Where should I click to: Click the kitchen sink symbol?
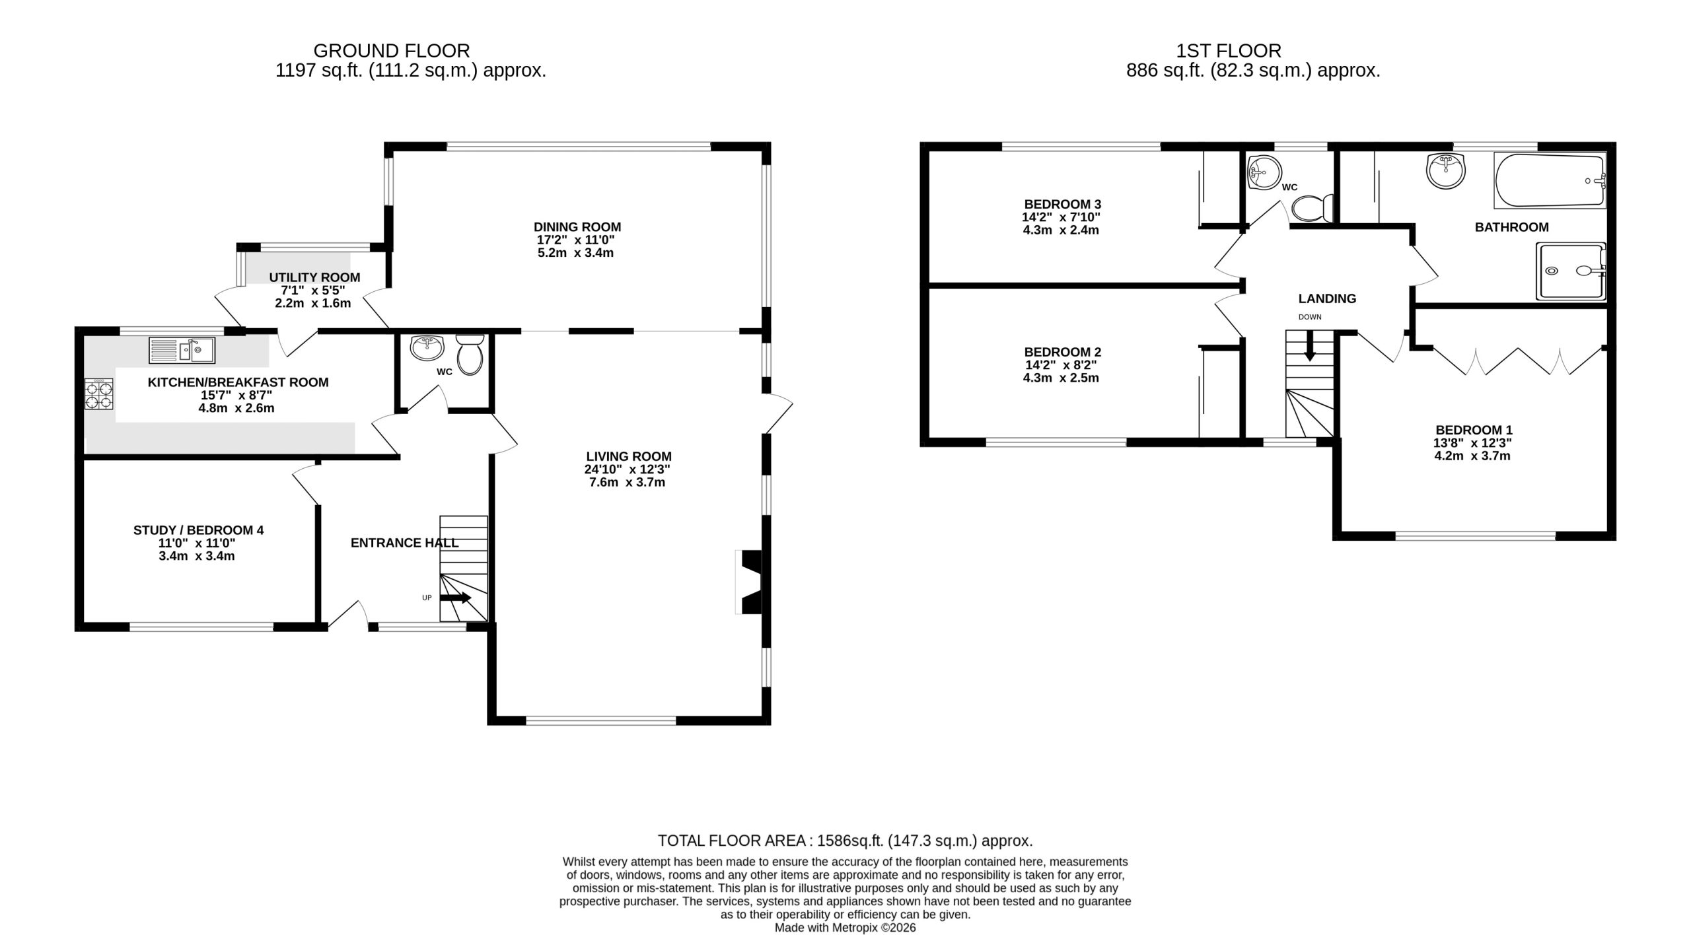tap(182, 350)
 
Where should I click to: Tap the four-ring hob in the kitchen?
tap(98, 394)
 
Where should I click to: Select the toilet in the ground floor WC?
tap(470, 355)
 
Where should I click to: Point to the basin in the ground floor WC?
tap(427, 345)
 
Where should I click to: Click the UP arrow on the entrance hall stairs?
tap(456, 598)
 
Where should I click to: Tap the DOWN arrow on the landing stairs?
tap(1309, 346)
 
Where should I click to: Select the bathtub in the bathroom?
tap(1548, 180)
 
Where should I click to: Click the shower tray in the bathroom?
tap(1571, 271)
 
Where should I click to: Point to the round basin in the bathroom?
tap(1447, 171)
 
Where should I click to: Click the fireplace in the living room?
tap(749, 582)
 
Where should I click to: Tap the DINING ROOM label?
tap(577, 227)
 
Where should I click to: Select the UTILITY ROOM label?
tap(314, 277)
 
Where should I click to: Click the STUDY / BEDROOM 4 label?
tap(198, 530)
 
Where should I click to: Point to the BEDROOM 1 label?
tap(1474, 430)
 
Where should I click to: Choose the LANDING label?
tap(1327, 298)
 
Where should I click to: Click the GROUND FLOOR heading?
tap(392, 51)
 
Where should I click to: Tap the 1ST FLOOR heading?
tap(1229, 51)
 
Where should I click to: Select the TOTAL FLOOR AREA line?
tap(845, 841)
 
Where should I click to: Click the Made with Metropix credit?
tap(845, 928)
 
